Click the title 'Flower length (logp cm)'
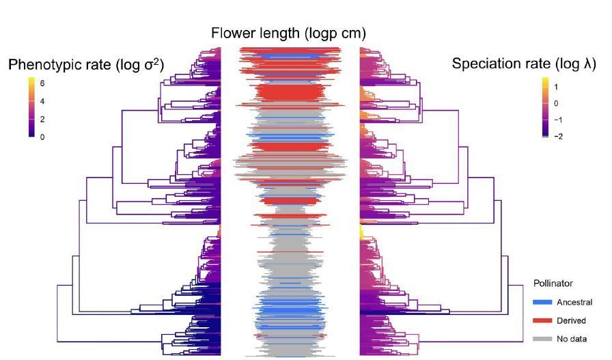coord(288,33)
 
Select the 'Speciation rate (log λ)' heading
coord(524,64)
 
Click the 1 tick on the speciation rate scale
coord(557,87)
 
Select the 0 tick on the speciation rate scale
coord(557,103)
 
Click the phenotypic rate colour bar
coord(31,108)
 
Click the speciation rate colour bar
coord(545,108)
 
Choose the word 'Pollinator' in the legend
coord(553,283)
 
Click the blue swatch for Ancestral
coord(542,302)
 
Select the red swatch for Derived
coord(542,320)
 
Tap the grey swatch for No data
coord(542,338)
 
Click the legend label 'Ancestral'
coord(574,302)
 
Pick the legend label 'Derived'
coord(571,320)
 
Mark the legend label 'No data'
coord(572,338)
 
